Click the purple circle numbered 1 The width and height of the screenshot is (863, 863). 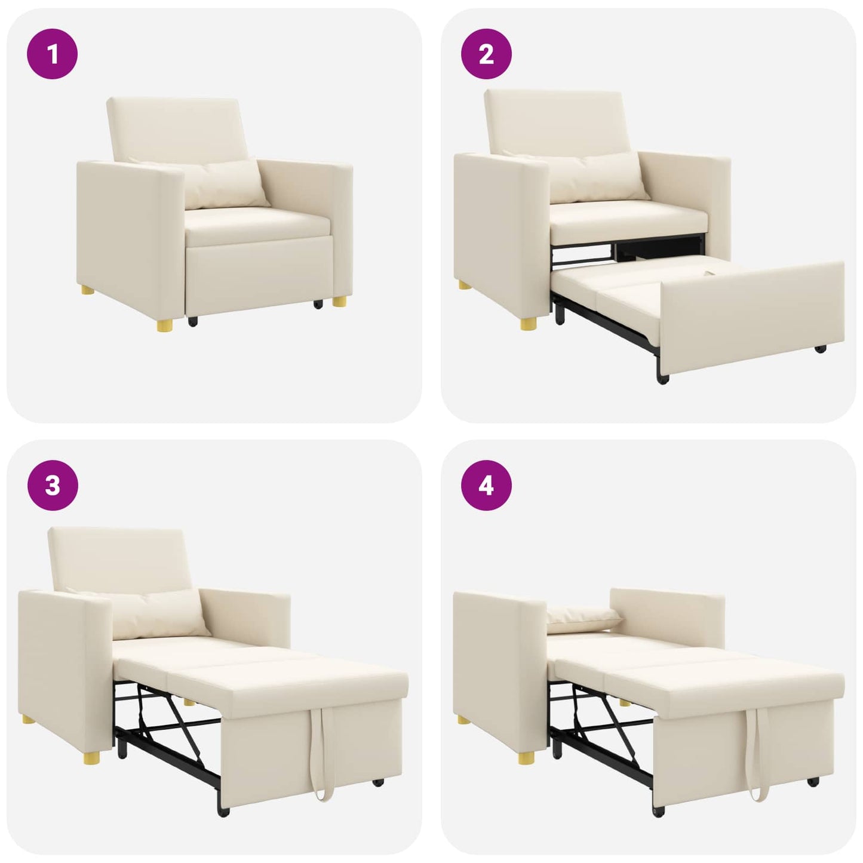[x=53, y=54]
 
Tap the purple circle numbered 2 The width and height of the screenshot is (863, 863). [x=486, y=54]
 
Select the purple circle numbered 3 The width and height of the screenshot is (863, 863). [x=53, y=485]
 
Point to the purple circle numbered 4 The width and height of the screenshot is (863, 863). [x=486, y=485]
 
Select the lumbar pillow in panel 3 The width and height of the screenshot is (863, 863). [x=161, y=613]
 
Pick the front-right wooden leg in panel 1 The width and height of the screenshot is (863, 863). [x=339, y=300]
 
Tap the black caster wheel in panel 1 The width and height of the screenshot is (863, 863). [x=193, y=321]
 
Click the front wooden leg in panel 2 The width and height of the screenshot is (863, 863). [x=528, y=324]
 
